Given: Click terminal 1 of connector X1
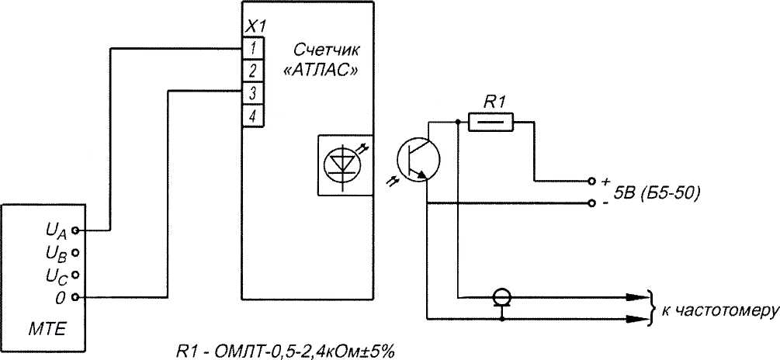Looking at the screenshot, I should (x=253, y=49).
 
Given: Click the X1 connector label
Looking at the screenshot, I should (x=254, y=28).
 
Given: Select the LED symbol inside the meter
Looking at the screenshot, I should (x=341, y=164).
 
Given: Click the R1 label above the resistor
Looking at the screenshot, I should (x=494, y=101).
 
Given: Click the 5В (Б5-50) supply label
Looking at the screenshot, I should (x=657, y=193).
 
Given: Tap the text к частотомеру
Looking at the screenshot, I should (x=718, y=310).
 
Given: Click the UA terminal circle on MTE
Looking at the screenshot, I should (x=75, y=230).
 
